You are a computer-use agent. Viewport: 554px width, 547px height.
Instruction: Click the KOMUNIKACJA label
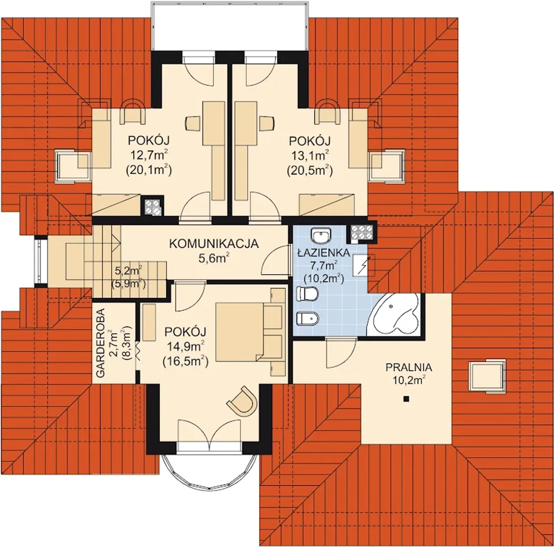(214, 244)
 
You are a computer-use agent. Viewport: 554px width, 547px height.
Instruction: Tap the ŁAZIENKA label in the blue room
(324, 253)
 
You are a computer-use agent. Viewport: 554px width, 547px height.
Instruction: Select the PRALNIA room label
(409, 367)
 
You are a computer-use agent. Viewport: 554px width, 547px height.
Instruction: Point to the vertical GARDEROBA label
(100, 343)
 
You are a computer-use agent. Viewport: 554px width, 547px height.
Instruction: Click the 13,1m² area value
(309, 156)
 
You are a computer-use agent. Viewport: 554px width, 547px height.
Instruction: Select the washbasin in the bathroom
(322, 236)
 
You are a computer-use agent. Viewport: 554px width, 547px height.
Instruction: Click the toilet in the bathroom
(307, 294)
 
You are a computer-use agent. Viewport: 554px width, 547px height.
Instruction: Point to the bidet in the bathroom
(307, 318)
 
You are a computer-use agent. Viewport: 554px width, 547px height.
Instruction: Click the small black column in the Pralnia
(406, 399)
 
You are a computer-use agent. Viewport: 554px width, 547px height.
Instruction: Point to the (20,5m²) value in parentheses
(309, 171)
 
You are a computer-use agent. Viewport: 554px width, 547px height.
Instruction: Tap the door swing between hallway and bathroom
(275, 259)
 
